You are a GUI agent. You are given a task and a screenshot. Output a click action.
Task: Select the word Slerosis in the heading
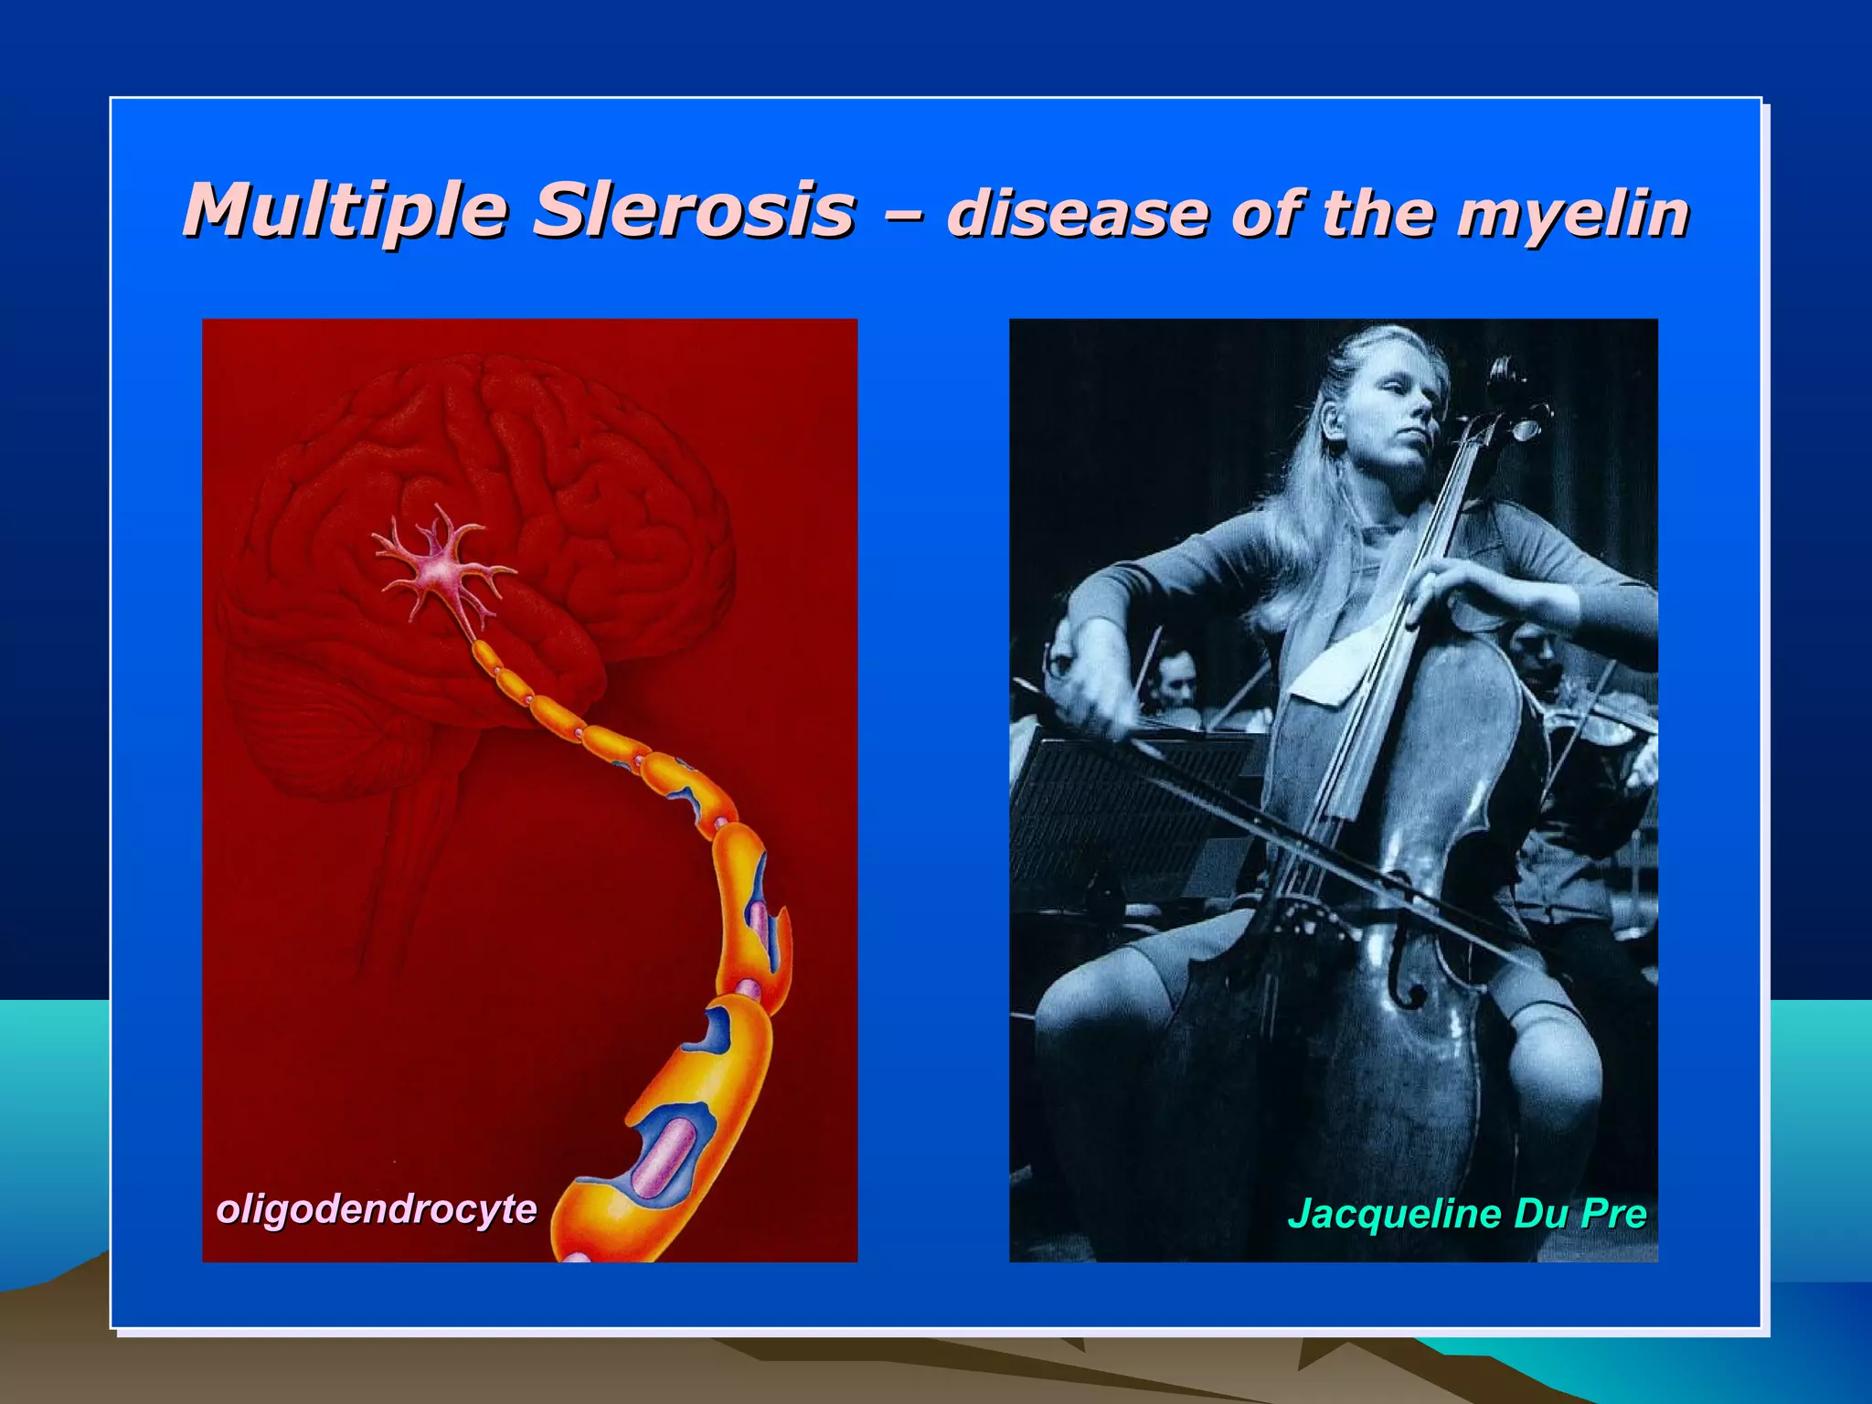point(695,211)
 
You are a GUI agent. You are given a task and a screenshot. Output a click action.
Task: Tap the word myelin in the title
point(1572,214)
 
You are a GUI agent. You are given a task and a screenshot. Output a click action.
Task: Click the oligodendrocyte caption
point(377,1208)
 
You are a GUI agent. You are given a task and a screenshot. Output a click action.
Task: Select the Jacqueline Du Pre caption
point(1466,1214)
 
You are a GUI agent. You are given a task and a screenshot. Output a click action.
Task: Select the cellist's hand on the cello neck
point(1462,585)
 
